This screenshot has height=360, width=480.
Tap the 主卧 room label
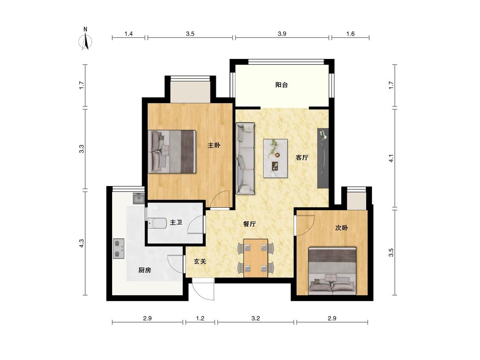(214, 145)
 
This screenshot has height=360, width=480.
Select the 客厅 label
(302, 158)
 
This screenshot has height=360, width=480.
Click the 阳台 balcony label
(281, 85)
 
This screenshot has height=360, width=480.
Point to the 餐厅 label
(249, 224)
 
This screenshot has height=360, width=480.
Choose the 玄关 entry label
(200, 261)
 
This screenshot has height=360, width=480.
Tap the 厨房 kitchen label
(145, 270)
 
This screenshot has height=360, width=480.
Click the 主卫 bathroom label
(176, 222)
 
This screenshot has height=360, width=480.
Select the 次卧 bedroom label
(341, 228)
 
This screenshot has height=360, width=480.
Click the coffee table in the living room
(276, 158)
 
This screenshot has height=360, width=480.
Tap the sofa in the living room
(245, 159)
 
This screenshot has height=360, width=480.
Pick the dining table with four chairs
(256, 258)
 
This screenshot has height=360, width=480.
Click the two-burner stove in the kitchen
(119, 249)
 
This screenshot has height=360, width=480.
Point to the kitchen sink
(139, 198)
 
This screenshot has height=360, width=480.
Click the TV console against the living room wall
(323, 158)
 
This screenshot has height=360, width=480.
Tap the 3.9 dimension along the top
(282, 34)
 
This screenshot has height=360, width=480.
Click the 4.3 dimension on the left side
(81, 244)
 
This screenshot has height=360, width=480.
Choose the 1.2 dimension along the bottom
(200, 318)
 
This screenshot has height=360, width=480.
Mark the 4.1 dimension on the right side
(391, 158)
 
